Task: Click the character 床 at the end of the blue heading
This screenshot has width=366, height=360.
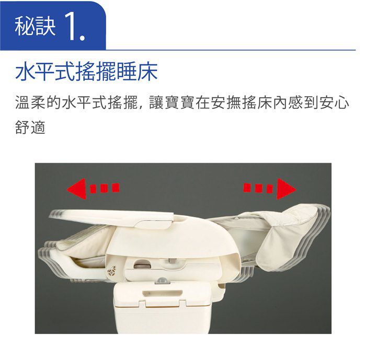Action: pos(147,72)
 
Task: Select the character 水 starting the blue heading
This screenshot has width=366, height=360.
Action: pos(25,72)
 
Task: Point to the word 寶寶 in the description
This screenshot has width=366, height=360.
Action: pos(179,102)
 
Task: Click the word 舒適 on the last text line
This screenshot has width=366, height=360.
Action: pos(30,127)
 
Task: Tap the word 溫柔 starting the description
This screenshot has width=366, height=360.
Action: pos(30,102)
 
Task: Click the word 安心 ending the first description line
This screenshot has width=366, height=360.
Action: pos(334,102)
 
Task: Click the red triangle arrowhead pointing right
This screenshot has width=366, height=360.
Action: pos(285,189)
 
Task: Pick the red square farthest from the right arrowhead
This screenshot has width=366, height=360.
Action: pos(247,188)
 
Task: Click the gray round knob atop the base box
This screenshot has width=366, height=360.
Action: pos(161,280)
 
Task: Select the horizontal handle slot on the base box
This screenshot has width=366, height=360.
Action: pos(162,293)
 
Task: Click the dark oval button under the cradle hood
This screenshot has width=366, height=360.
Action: pos(142,265)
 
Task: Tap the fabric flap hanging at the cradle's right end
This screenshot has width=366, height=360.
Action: pos(277,250)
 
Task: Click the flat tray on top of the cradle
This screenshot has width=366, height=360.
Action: pos(112,217)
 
